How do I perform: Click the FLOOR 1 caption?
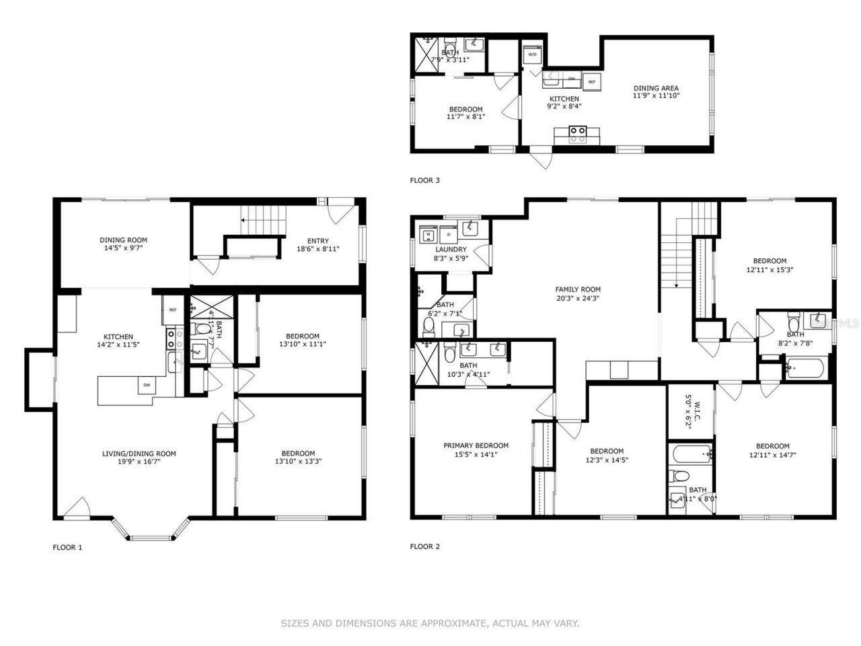pyautogui.click(x=67, y=547)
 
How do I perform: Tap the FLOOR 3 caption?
pyautogui.click(x=424, y=180)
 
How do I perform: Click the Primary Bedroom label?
pyautogui.click(x=476, y=445)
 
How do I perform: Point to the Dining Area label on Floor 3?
pyautogui.click(x=655, y=87)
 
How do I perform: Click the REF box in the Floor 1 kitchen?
pyautogui.click(x=173, y=310)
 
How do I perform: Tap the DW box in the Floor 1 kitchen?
pyautogui.click(x=145, y=385)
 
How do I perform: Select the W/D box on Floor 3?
pyautogui.click(x=532, y=54)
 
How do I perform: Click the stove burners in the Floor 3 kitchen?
pyautogui.click(x=577, y=135)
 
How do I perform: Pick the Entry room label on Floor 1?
pyautogui.click(x=318, y=241)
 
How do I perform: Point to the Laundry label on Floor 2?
pyautogui.click(x=450, y=250)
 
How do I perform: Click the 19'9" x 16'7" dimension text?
pyautogui.click(x=139, y=462)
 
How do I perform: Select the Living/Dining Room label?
pyautogui.click(x=139, y=454)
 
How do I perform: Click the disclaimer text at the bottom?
pyautogui.click(x=430, y=624)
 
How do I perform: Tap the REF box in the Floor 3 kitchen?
pyautogui.click(x=591, y=81)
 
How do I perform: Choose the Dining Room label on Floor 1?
pyautogui.click(x=123, y=240)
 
